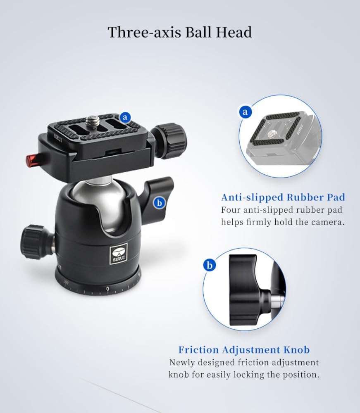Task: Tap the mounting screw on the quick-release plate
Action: tap(93, 121)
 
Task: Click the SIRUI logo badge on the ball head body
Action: tap(119, 254)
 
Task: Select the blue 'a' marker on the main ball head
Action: tap(125, 117)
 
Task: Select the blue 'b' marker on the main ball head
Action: tap(159, 203)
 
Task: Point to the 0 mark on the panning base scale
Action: tap(107, 289)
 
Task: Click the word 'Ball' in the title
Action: tap(198, 32)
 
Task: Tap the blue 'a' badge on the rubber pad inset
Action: tap(246, 112)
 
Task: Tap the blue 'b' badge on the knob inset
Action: tap(210, 265)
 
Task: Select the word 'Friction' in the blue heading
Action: tap(198, 349)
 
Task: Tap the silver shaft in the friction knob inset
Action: tap(277, 300)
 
